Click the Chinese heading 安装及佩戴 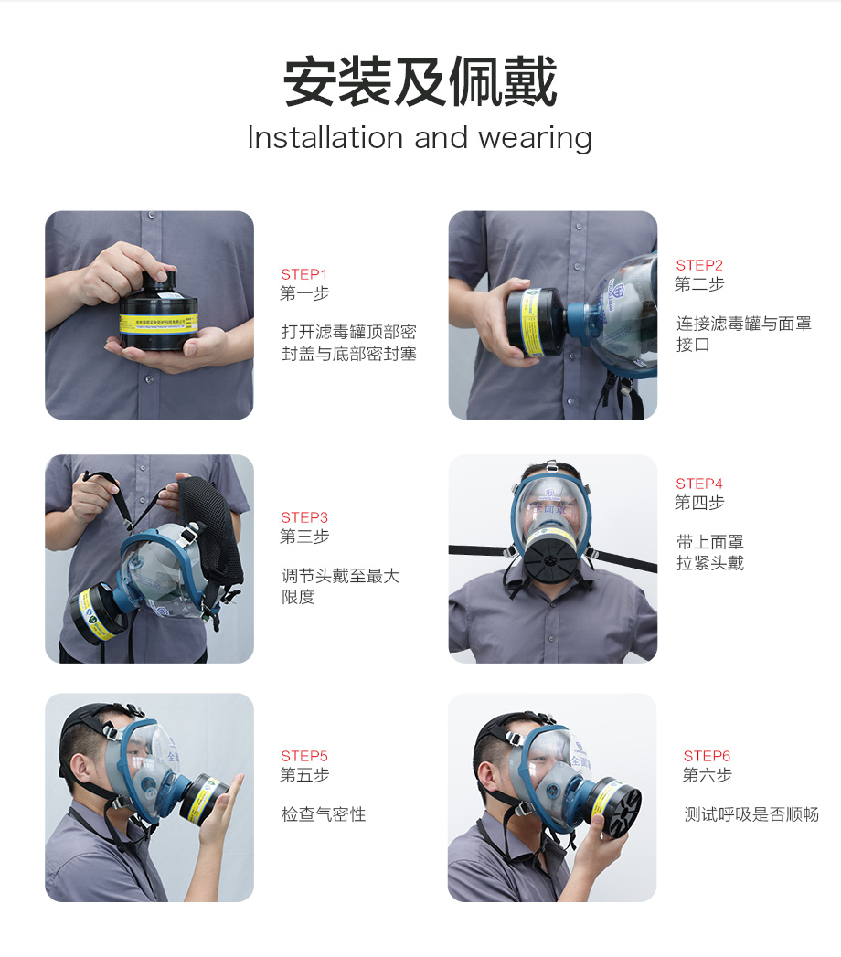420,81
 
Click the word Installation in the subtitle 325,137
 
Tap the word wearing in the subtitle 536,139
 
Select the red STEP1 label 303,274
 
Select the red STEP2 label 698,265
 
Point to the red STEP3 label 303,517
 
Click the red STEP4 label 698,484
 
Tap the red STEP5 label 303,756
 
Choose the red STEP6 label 707,756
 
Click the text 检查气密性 324,814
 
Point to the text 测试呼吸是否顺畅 751,814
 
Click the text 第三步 304,537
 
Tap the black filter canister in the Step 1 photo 159,313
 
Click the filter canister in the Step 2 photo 538,321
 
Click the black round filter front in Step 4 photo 550,558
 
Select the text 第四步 699,503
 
